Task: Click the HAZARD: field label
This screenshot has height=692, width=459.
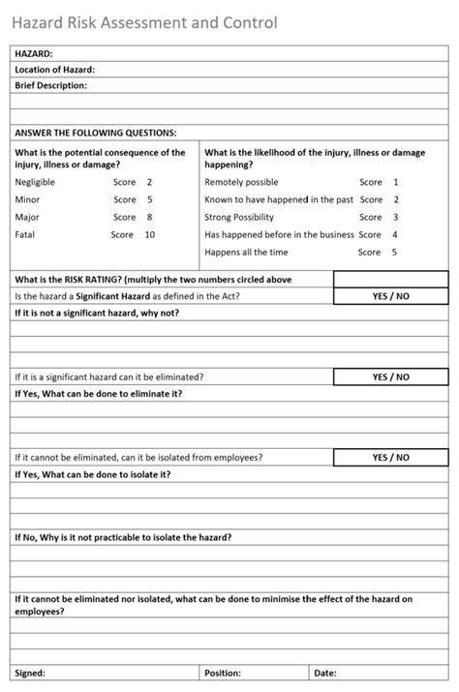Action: click(34, 54)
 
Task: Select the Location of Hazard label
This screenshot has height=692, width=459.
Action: click(55, 70)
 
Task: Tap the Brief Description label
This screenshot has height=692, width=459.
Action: click(51, 85)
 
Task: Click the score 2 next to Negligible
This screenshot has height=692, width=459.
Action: click(149, 182)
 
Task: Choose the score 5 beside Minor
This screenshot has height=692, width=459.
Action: click(149, 199)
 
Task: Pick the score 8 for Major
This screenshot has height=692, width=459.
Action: click(149, 217)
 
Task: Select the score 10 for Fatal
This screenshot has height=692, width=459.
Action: click(149, 234)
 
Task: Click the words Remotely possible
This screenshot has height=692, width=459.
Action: click(241, 182)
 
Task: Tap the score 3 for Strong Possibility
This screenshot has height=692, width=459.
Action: click(395, 217)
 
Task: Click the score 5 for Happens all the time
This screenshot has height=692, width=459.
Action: click(394, 252)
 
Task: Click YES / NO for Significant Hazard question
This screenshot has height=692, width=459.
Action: click(390, 296)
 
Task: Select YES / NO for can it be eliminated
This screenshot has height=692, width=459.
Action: click(390, 376)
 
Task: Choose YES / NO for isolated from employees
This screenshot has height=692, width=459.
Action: click(390, 457)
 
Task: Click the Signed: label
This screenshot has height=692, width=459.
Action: click(30, 673)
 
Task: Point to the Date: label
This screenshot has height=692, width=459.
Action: click(325, 673)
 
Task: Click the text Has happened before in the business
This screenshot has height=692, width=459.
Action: click(280, 234)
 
